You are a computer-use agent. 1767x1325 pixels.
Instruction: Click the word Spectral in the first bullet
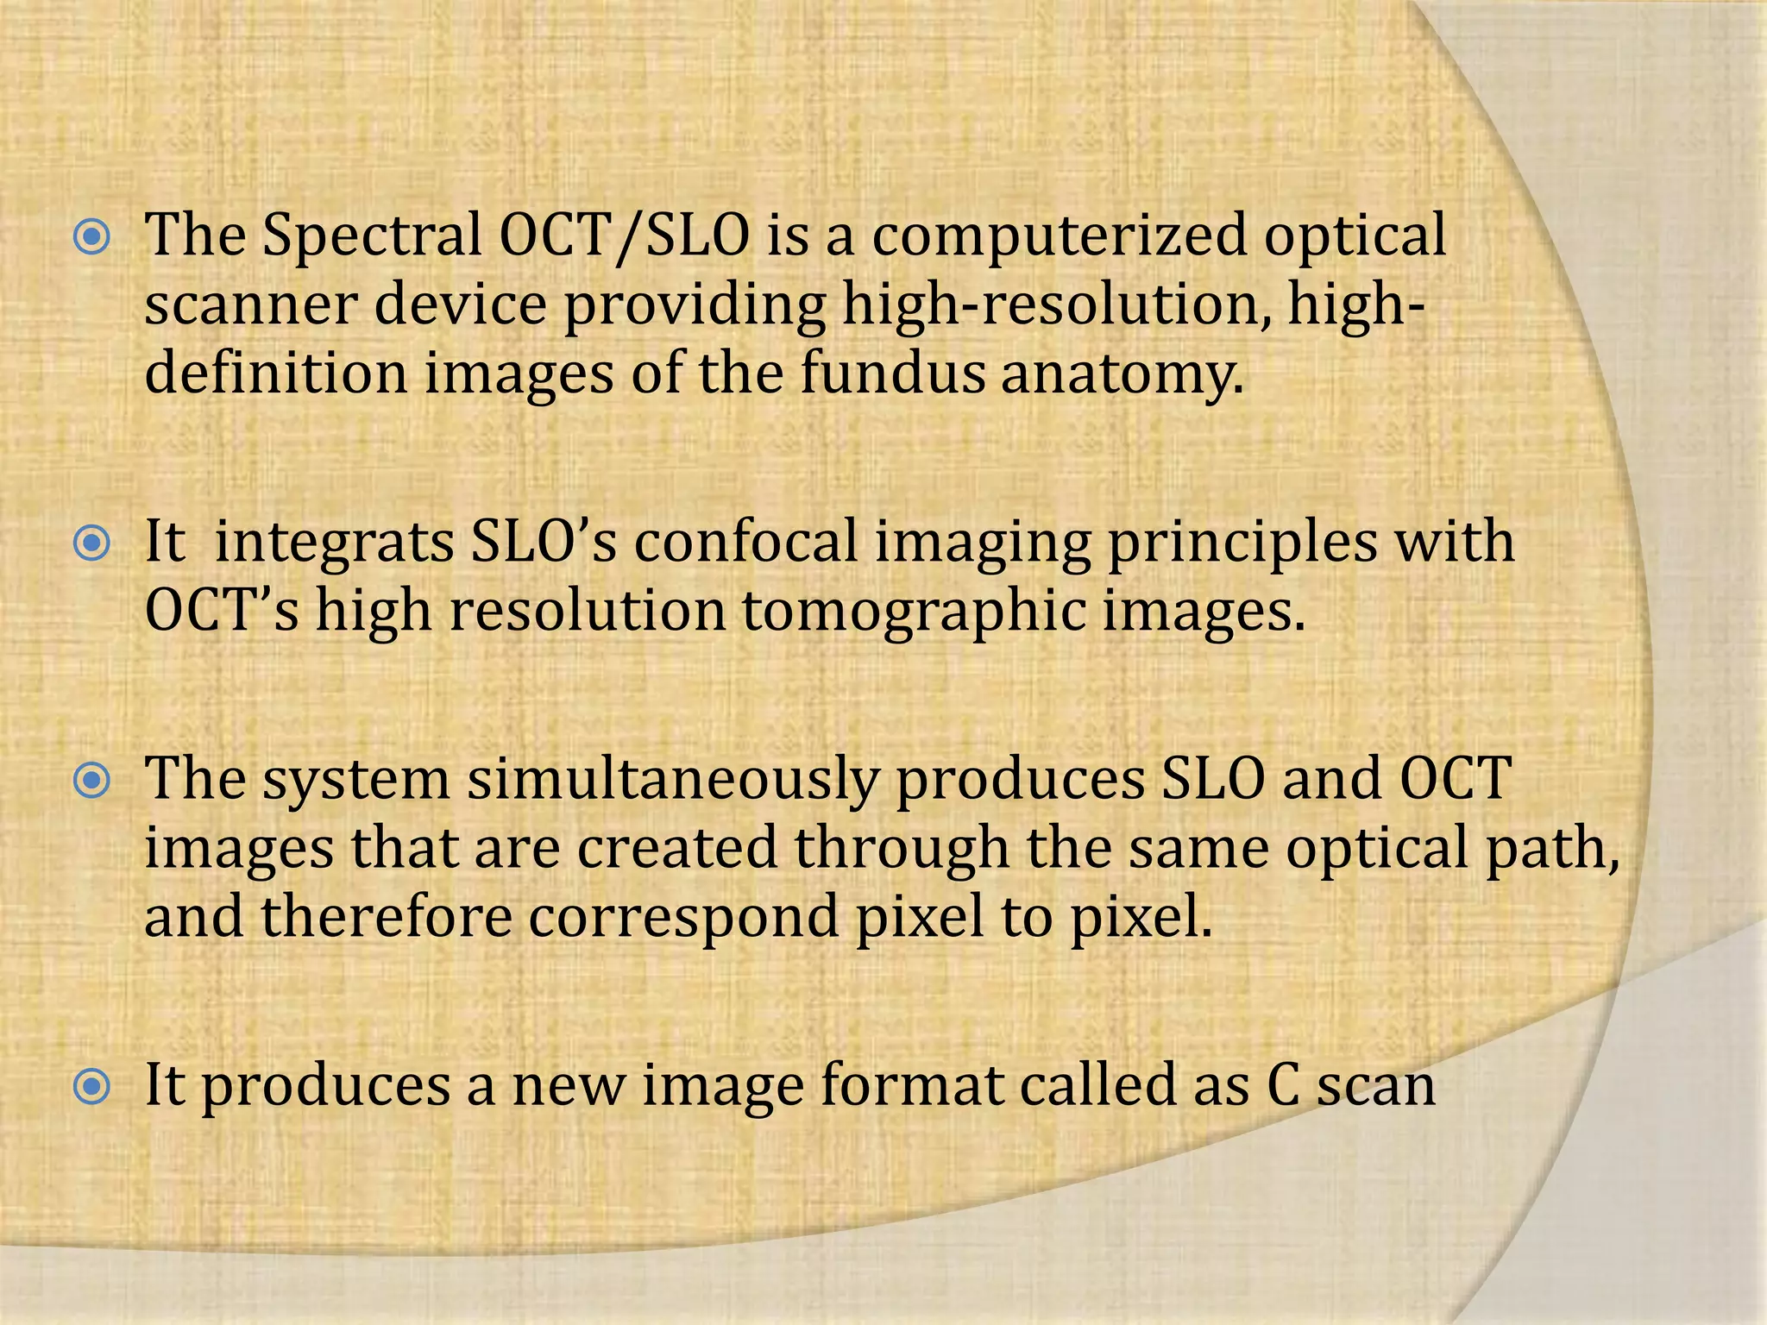tap(372, 235)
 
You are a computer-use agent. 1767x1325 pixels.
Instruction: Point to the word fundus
tap(892, 374)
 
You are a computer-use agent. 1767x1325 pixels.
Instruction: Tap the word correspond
tap(683, 918)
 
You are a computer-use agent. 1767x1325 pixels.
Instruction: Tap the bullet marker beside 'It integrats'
tap(91, 544)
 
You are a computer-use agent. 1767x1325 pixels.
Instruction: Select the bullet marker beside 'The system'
tap(91, 782)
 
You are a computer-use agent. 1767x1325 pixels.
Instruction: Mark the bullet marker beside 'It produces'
tap(91, 1087)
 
